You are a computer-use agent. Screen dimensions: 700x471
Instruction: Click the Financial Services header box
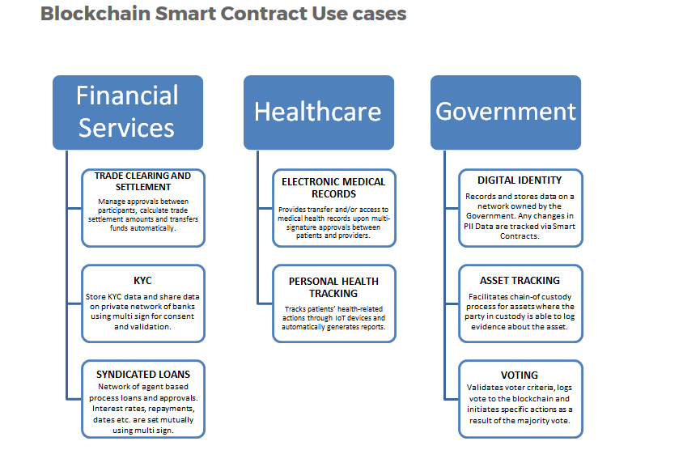click(127, 112)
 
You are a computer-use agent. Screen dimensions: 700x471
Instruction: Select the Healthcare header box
click(318, 112)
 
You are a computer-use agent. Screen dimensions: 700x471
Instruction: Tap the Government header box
click(506, 112)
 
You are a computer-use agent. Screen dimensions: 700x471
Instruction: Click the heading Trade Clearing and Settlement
click(142, 181)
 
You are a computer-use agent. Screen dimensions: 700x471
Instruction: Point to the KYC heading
click(142, 281)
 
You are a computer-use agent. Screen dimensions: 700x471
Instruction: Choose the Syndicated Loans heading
click(143, 375)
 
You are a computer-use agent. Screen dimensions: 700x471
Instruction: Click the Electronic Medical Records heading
click(333, 188)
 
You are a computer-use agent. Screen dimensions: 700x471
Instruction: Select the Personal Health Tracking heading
click(333, 286)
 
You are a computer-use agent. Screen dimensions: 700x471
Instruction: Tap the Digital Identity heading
click(520, 180)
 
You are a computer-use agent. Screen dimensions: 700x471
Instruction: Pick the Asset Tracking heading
click(520, 281)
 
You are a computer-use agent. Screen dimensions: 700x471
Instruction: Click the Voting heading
click(520, 376)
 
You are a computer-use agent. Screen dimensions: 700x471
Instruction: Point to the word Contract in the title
click(267, 14)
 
